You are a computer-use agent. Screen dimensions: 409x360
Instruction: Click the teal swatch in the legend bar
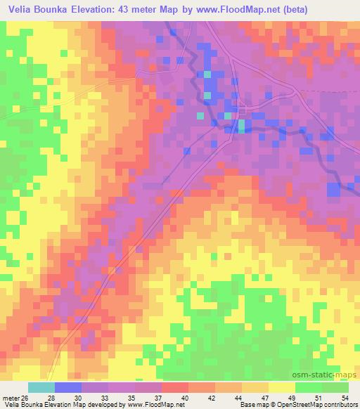click(x=41, y=387)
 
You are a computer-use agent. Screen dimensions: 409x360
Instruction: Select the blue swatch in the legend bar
click(x=68, y=387)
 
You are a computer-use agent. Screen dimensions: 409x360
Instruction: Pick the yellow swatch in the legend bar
click(x=281, y=387)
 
